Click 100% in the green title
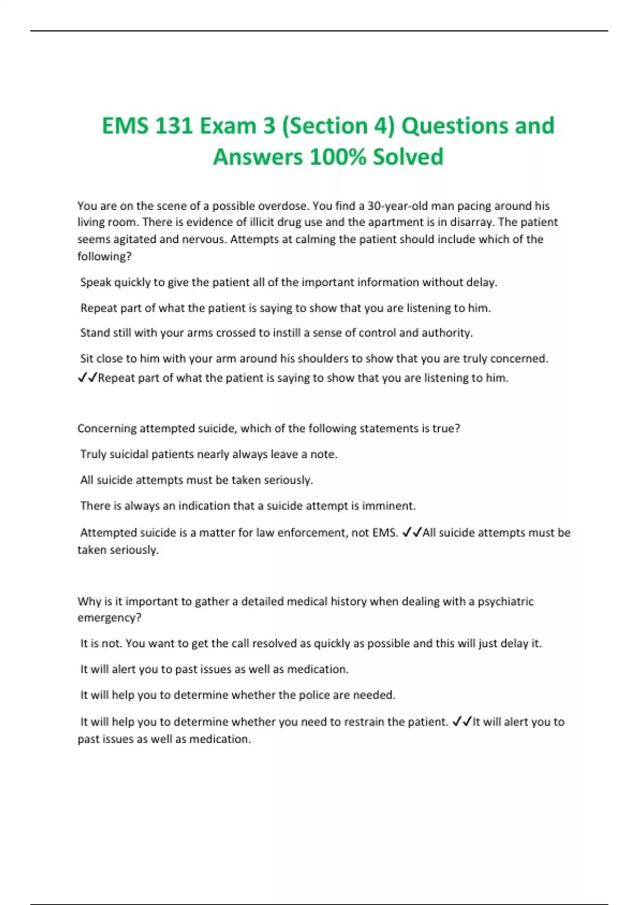point(337,157)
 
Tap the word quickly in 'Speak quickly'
point(133,282)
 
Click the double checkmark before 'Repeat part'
point(87,378)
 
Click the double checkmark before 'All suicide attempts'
point(412,533)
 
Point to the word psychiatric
point(505,602)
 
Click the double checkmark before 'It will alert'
point(462,722)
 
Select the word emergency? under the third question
point(109,618)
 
